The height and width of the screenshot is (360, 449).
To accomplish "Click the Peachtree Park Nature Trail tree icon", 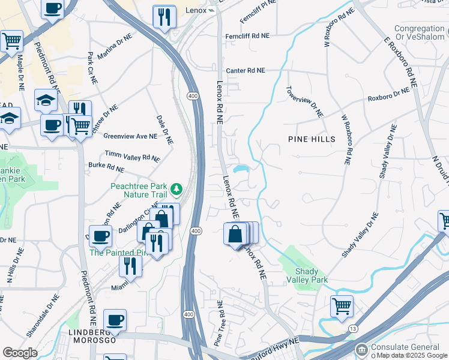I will (176, 190).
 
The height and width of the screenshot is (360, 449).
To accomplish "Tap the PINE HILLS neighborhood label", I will (312, 139).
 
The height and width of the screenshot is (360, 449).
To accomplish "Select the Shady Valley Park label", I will (311, 276).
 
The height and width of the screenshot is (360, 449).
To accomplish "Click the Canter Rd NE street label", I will (245, 70).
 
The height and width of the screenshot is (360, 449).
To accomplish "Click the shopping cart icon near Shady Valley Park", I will (342, 305).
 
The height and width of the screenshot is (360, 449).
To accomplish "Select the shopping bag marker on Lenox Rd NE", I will (235, 233).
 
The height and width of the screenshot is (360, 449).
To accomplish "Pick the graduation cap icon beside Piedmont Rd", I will (46, 100).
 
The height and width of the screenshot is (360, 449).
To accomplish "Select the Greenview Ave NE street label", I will (130, 136).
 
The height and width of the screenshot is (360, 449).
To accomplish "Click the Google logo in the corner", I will (20, 353).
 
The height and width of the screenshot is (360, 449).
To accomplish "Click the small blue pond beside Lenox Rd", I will (241, 169).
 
